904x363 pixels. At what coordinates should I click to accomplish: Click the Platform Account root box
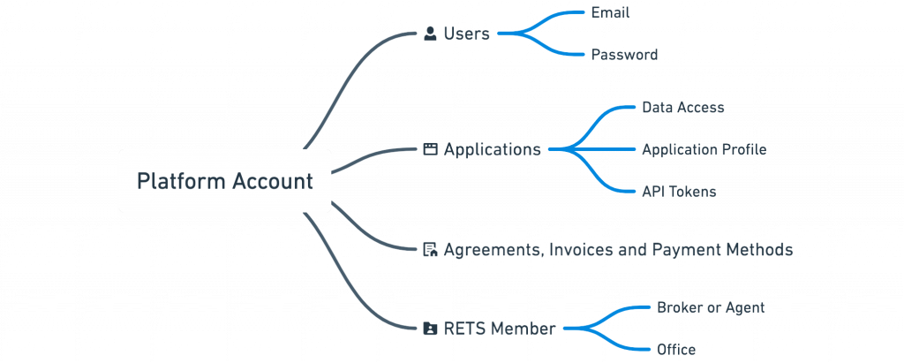tap(224, 182)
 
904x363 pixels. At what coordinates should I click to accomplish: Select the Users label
tap(466, 34)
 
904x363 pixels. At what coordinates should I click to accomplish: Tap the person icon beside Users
tap(431, 34)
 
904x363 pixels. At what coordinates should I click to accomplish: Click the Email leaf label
tap(609, 12)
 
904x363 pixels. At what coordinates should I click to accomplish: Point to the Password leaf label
tap(624, 55)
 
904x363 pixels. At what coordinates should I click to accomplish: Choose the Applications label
tap(492, 149)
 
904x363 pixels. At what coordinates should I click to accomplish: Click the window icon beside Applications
tap(431, 149)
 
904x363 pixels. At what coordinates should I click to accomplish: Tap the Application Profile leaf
tap(704, 149)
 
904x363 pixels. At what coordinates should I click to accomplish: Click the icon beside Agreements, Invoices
tap(431, 250)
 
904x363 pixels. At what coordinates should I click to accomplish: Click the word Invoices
tap(579, 250)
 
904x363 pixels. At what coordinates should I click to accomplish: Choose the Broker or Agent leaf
tap(710, 308)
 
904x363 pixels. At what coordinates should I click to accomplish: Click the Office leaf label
tap(675, 350)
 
